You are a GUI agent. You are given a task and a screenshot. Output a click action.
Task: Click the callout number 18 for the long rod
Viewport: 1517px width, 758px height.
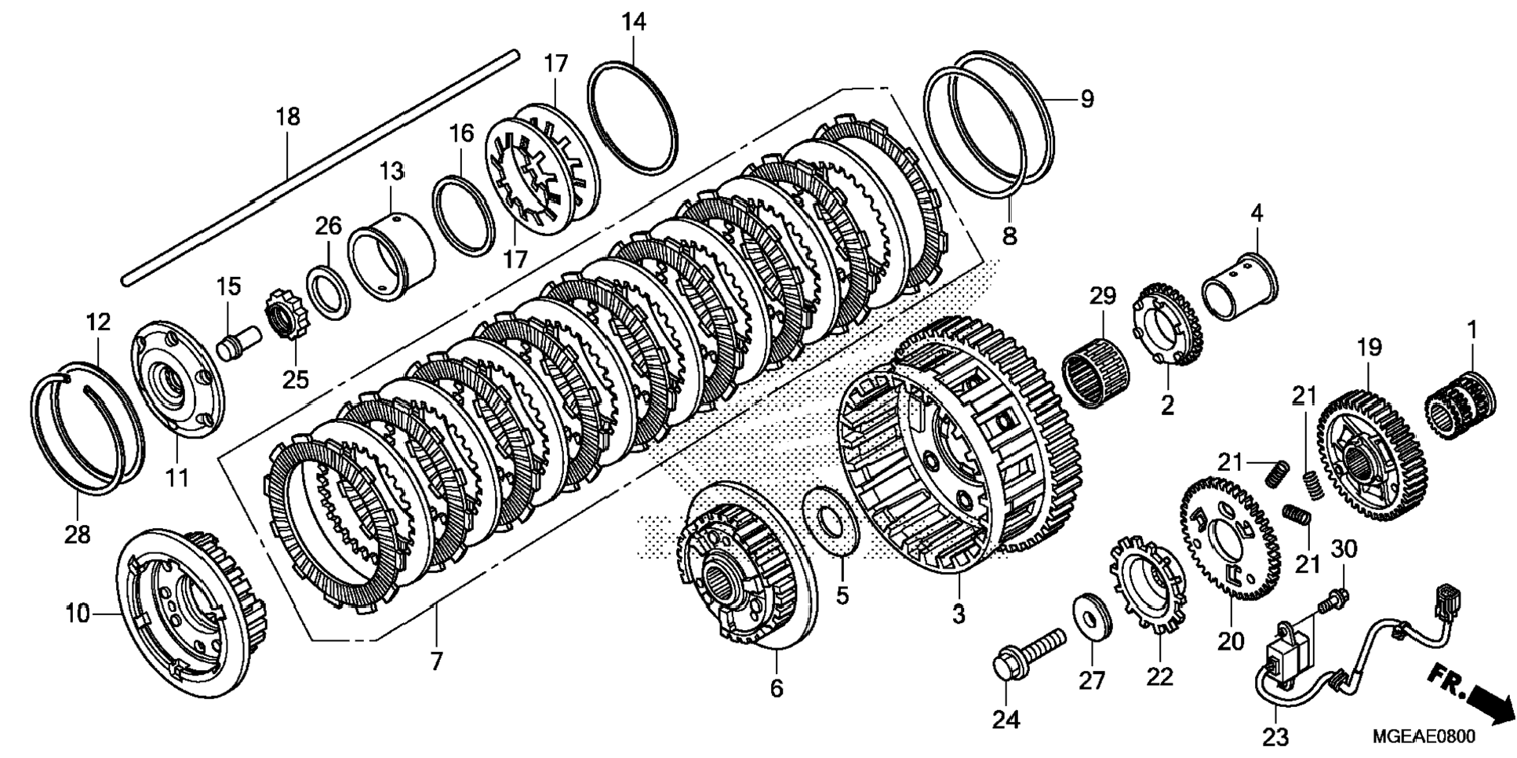coord(288,118)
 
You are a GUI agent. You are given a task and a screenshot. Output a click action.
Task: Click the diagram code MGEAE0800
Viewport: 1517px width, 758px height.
coord(1423,737)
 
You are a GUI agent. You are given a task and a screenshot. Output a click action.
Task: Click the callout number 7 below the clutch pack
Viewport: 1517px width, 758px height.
coord(436,660)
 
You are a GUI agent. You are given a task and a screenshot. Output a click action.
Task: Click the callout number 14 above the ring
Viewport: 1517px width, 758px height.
coord(634,23)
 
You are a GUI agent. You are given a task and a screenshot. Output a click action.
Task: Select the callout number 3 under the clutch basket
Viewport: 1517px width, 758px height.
coord(959,614)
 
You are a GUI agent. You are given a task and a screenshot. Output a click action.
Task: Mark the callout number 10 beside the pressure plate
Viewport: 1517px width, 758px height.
coord(78,614)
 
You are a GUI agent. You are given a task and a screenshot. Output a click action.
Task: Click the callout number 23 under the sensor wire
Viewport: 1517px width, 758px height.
coord(1275,737)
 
